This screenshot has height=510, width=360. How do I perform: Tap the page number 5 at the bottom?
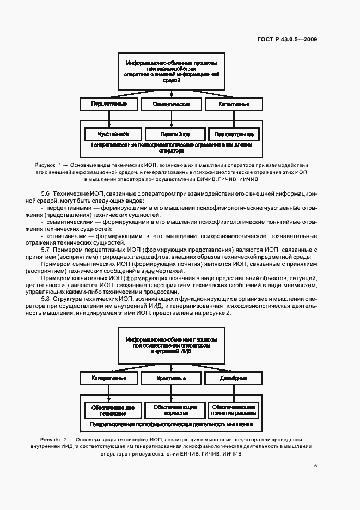click(x=315, y=466)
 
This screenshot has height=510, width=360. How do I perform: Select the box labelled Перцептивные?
click(x=109, y=104)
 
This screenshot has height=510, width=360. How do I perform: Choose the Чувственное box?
click(x=113, y=133)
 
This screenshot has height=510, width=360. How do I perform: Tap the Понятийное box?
click(x=175, y=133)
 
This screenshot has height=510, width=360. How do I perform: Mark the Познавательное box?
click(x=233, y=133)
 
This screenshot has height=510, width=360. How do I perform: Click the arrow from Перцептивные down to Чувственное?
click(x=109, y=118)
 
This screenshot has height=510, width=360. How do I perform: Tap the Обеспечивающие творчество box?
click(x=175, y=410)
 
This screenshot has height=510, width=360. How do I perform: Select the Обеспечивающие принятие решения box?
click(x=233, y=410)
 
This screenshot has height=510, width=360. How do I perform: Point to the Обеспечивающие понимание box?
click(x=113, y=410)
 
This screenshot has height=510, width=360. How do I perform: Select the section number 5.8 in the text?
click(x=46, y=300)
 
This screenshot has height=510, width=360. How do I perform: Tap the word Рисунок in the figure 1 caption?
click(x=45, y=165)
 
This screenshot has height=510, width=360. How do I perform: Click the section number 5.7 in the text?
click(x=46, y=250)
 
